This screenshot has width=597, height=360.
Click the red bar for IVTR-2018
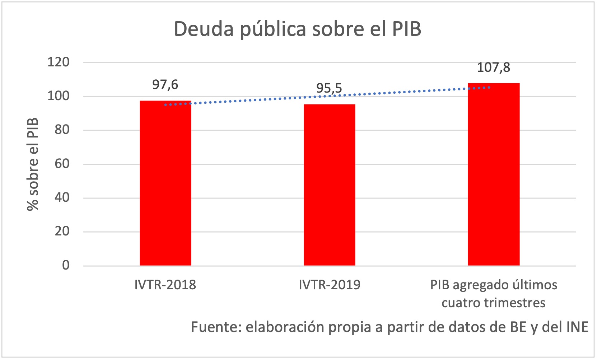165,183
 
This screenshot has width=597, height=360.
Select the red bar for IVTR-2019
329,185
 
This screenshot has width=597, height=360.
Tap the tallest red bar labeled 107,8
494,174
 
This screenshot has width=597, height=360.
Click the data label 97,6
165,85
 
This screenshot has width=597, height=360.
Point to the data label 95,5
329,88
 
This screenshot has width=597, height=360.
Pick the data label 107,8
493,67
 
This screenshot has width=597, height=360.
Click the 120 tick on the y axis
59,62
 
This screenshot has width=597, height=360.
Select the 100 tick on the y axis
59,96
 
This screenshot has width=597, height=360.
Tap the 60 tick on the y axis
62,164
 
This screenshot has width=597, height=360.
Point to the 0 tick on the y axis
66,265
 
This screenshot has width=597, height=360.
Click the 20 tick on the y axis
62,232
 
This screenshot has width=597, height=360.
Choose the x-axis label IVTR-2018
165,285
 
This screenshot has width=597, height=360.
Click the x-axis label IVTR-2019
329,285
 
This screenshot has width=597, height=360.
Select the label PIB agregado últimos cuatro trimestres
494,294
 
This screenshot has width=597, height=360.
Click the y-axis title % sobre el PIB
33,164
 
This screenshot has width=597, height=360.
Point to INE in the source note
577,327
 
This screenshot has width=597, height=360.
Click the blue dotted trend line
251,100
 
